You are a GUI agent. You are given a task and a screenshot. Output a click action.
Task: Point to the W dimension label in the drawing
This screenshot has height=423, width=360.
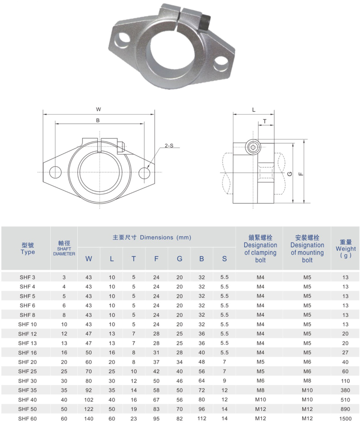(98, 109)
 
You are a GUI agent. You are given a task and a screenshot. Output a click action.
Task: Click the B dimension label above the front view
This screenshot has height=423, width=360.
(98, 120)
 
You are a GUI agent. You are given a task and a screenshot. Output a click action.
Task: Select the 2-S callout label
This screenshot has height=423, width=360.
(169, 146)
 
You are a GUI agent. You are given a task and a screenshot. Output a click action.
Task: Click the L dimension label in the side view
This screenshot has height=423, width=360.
(254, 110)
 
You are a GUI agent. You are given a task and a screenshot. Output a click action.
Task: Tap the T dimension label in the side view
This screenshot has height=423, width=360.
(265, 121)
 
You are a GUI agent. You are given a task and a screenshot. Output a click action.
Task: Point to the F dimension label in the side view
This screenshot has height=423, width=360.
(301, 174)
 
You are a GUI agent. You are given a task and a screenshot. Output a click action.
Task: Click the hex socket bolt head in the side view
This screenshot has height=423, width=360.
(253, 147)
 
